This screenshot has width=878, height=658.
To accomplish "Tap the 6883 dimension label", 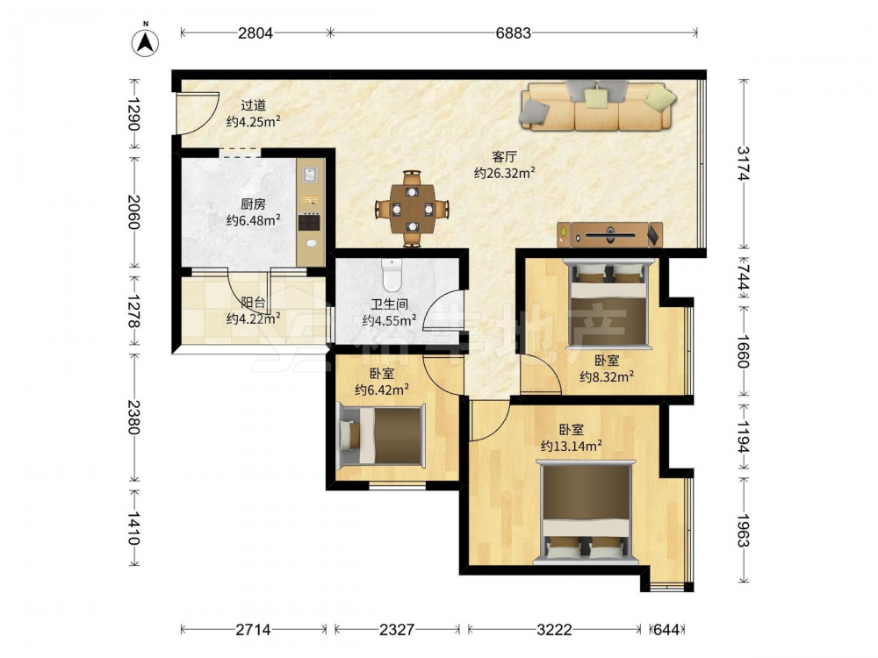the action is tap(513, 33).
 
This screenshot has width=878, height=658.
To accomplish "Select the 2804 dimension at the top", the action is tap(255, 33).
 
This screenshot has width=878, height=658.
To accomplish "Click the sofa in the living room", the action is tap(598, 106).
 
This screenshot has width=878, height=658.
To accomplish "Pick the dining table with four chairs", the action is tap(412, 209).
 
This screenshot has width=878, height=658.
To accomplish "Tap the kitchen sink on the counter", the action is tap(310, 174).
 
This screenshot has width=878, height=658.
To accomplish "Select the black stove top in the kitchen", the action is tap(310, 222).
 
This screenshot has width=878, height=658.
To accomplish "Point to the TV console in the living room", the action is tap(610, 235).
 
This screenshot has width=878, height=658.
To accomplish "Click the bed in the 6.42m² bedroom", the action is tap(383, 436).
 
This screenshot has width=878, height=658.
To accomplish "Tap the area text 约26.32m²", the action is tap(505, 173).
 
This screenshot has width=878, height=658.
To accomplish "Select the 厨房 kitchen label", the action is tap(253, 204).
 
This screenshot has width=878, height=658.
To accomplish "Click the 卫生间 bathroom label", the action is tap(389, 304).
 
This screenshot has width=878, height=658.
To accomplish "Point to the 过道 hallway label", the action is tap(253, 105).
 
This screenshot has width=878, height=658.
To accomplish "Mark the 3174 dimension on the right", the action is tap(743, 163).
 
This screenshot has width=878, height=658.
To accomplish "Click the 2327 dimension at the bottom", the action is tap(397, 630).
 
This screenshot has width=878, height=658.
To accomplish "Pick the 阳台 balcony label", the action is tap(253, 303).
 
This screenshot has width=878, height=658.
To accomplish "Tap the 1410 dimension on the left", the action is tap(133, 528).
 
